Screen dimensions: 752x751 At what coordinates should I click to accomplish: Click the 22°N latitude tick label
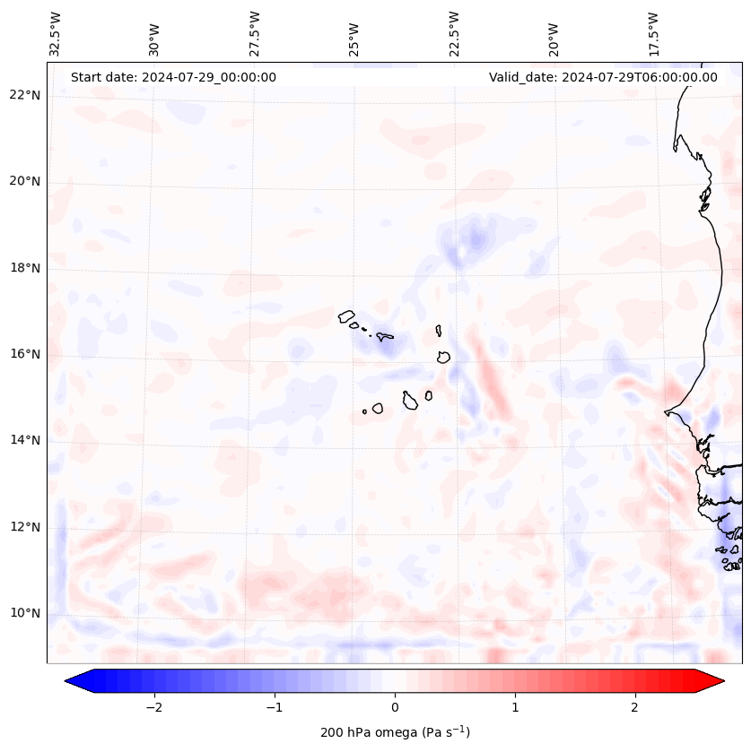[x=24, y=95]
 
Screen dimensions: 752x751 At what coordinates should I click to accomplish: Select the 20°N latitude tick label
[x=24, y=182]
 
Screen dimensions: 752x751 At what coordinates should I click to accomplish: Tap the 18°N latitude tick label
[x=24, y=268]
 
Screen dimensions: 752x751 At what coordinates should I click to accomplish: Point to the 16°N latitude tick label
[x=24, y=354]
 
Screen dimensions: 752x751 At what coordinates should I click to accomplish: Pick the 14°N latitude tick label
[x=24, y=440]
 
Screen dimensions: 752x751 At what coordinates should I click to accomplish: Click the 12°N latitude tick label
[x=24, y=527]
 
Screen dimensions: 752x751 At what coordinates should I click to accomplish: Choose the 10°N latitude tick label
[x=24, y=613]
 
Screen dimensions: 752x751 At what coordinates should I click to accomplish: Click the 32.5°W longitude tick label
[x=56, y=34]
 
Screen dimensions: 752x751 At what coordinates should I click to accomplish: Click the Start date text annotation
[x=173, y=77]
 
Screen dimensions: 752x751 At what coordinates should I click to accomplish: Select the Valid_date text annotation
[x=603, y=77]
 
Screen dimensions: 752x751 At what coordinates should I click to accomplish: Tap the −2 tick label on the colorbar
[x=153, y=707]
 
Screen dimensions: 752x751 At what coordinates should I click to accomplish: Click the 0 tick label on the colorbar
[x=395, y=707]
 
